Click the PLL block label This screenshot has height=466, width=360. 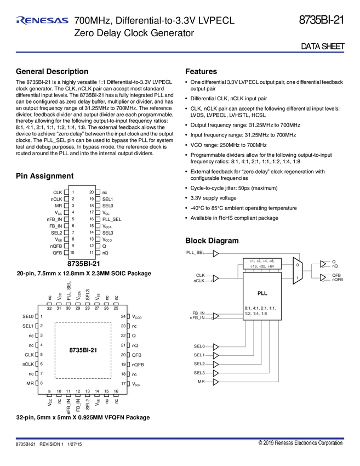tap(261, 293)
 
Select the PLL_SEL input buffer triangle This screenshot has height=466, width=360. tap(216, 253)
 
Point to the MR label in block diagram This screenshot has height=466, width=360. tap(202, 381)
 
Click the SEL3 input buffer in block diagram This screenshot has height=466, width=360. tap(216, 373)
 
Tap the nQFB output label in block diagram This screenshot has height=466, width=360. tap(338, 280)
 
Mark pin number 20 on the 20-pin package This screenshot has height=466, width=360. tap(92, 192)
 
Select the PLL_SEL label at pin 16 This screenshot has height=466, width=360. tap(112, 219)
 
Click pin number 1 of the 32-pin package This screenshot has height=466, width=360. tap(42, 317)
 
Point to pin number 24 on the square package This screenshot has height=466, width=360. tap(122, 317)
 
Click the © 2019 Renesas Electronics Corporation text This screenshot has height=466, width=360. tap(300, 443)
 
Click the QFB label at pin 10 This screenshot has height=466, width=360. tap(57, 253)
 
